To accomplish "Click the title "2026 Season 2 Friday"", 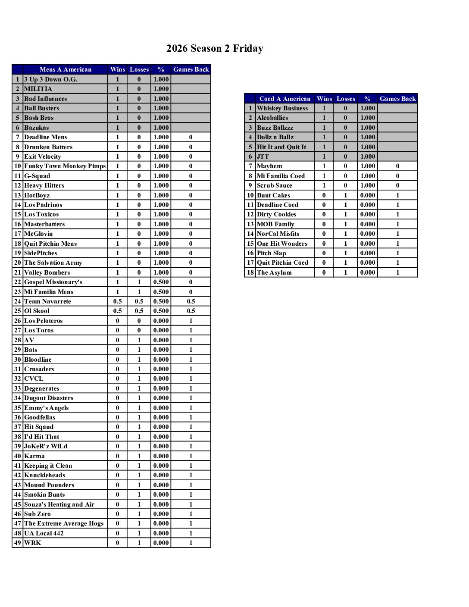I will pos(215,48).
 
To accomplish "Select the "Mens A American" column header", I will pos(65,69).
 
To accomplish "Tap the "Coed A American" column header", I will pos(285,99).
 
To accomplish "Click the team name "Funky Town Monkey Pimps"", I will pos(65,166).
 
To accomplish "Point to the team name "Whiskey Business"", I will pos(282,108).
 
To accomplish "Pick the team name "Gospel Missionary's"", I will pos(53,282).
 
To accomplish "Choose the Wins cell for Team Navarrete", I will pos(117,301).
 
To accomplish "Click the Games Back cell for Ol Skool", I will pos(191,311).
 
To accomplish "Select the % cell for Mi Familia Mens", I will pos(161,292).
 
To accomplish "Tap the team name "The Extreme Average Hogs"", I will pos(64,523).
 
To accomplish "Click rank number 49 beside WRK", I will pos(17,543).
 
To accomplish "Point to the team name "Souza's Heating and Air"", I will pos(59,504).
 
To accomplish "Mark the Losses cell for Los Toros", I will pos(139,330).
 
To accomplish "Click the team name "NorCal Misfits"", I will pos(278,234).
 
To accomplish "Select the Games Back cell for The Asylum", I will pos(397,272).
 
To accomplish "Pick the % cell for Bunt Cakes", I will pos(367,195).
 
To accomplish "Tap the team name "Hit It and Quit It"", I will pos(281,147).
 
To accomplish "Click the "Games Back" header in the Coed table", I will pos(397,99).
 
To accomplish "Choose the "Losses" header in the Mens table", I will pos(139,69).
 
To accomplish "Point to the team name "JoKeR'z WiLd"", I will pos(46,446).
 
